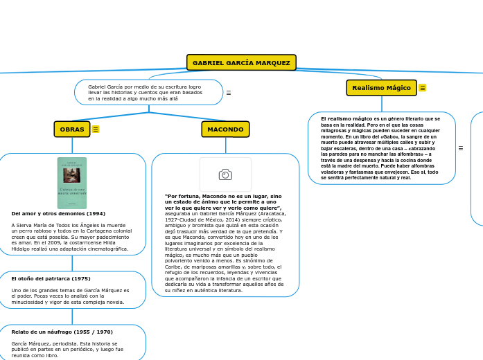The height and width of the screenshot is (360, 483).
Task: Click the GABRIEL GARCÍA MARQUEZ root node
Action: [241, 63]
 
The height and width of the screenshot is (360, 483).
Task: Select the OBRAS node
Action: [72, 129]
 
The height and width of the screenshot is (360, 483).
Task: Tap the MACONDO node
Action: [225, 129]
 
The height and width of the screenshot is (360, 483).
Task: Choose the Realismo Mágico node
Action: [381, 88]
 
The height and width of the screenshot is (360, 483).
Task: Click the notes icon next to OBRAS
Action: [96, 129]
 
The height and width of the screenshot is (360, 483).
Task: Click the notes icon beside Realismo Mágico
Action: [423, 88]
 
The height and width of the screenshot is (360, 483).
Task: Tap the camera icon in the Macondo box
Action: [225, 174]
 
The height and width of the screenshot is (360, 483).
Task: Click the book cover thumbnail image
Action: [72, 183]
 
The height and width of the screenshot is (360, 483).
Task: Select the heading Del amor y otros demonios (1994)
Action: [58, 214]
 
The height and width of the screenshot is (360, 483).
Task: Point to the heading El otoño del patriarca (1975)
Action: [51, 278]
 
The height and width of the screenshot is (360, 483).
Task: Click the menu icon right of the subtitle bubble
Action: [229, 93]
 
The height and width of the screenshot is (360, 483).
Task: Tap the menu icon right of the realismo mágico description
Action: [460, 148]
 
